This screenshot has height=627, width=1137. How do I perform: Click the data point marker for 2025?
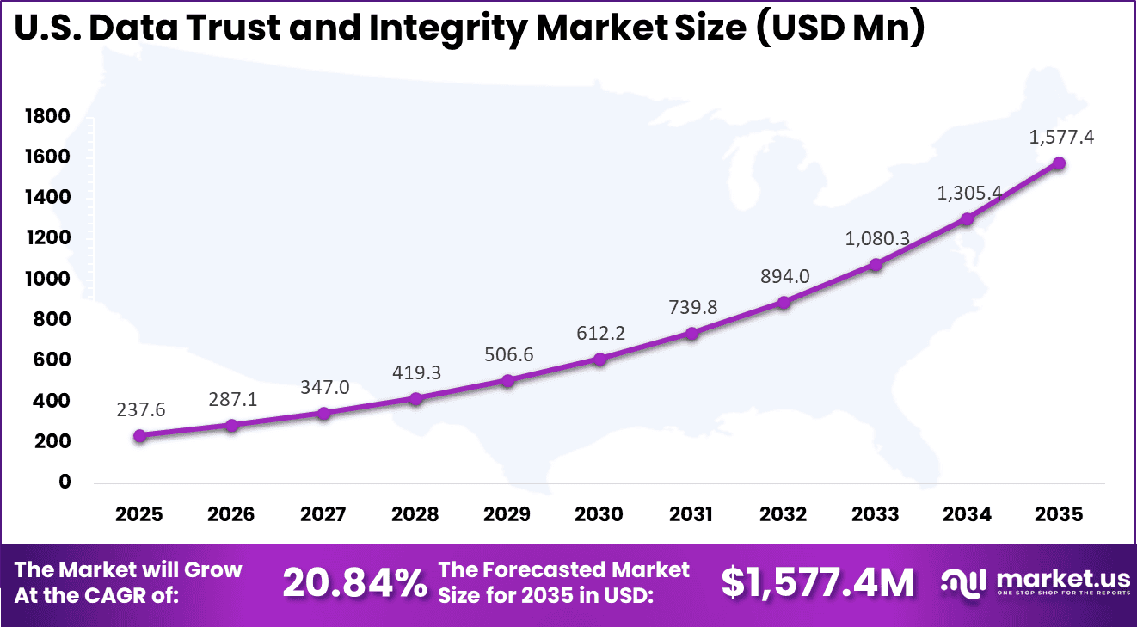click(140, 436)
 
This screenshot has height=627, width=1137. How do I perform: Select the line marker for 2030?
click(599, 359)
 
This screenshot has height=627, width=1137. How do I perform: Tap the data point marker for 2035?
click(1059, 163)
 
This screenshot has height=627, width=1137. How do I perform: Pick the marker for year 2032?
click(784, 302)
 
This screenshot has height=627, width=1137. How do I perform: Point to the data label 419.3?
click(416, 374)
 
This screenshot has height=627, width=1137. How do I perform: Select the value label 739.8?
click(691, 308)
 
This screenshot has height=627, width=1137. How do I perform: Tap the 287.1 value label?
click(232, 400)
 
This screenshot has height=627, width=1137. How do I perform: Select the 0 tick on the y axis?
click(65, 482)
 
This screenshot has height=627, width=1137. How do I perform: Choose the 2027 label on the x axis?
click(323, 514)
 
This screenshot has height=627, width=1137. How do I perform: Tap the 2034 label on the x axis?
click(967, 514)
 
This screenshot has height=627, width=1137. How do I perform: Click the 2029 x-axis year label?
click(507, 514)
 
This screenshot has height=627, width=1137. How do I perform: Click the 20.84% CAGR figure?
click(354, 583)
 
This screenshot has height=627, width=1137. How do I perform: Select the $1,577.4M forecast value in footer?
click(817, 583)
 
